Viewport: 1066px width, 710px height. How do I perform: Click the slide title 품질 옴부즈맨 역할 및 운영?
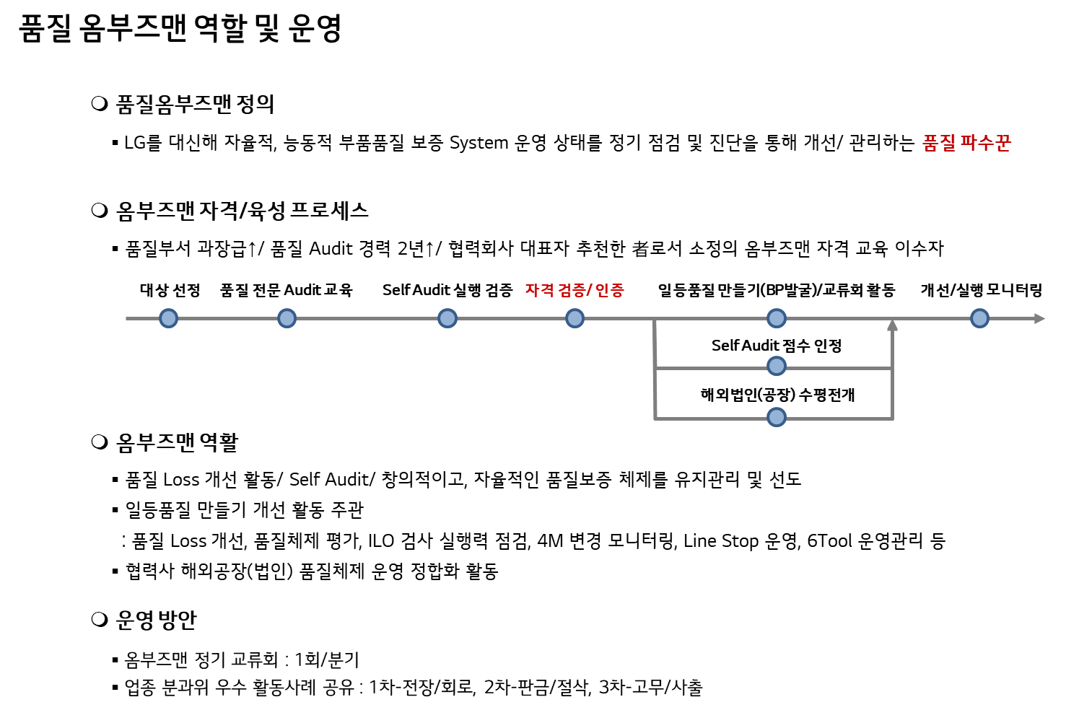[180, 29]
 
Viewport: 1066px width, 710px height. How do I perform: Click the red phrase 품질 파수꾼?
[966, 143]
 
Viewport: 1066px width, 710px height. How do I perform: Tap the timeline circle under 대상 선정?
[168, 318]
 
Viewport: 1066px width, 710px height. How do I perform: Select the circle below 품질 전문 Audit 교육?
[287, 318]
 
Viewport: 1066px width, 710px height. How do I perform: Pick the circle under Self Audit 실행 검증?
[447, 318]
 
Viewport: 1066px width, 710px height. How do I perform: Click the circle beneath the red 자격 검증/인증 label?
[575, 318]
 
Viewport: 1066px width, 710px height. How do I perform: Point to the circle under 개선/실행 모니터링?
[980, 318]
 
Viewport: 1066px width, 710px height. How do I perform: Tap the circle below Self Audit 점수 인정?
[777, 367]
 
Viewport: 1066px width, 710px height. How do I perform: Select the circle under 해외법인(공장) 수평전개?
[777, 417]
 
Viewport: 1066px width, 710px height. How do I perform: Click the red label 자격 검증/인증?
[574, 290]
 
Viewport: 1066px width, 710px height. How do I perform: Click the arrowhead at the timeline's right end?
[1040, 318]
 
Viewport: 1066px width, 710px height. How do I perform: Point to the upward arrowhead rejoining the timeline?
[892, 325]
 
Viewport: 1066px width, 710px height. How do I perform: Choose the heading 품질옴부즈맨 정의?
[195, 104]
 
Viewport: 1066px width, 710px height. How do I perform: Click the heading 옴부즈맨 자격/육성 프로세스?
[243, 211]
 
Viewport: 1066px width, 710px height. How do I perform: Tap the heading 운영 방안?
[156, 620]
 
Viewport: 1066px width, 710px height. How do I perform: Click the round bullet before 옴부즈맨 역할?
[100, 442]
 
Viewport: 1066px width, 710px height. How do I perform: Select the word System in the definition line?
[479, 144]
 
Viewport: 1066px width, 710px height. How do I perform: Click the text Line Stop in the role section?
[721, 541]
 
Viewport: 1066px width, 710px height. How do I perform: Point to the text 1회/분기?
[326, 659]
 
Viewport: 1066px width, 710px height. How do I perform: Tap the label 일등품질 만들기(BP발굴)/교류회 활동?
[777, 290]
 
